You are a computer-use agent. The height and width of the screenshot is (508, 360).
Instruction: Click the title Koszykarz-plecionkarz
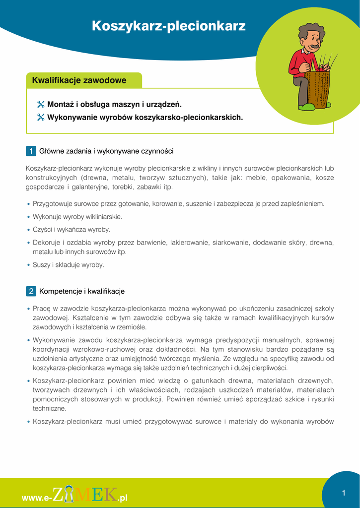coord(169,26)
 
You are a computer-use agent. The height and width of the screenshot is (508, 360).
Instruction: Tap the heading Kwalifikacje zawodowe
coord(79,80)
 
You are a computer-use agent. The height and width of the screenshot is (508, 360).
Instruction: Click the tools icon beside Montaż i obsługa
coord(41,105)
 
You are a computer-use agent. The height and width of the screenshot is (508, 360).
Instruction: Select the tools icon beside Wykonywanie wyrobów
coord(41,118)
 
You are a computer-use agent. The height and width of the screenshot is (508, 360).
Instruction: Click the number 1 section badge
coord(31,151)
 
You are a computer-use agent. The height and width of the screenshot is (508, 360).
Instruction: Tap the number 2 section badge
coord(31,291)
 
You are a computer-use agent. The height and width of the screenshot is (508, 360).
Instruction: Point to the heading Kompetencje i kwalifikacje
coord(82,291)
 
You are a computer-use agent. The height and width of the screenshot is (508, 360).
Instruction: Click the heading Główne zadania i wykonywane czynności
coord(106,151)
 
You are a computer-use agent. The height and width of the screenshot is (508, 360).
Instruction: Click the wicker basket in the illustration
coord(316,89)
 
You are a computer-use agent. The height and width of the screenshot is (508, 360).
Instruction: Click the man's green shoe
coord(308,107)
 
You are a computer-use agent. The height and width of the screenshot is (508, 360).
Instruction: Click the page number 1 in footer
coord(343,493)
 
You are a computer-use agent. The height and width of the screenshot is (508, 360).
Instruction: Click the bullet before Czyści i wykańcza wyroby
coord(28,230)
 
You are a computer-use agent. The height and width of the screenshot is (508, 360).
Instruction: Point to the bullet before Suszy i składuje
coord(28,265)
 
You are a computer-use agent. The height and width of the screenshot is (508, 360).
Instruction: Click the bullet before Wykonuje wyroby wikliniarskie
coord(28,217)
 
